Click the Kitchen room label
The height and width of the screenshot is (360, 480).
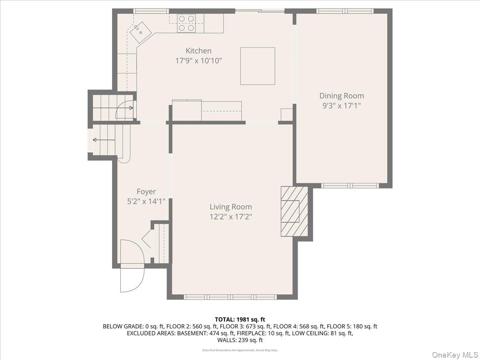[198, 51]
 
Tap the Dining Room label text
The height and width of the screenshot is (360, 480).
[342, 96]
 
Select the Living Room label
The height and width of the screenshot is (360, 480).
[231, 207]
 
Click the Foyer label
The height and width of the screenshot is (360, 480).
[146, 192]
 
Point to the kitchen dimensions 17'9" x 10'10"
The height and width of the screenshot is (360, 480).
[198, 61]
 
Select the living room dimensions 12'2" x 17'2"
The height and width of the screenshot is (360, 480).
[231, 217]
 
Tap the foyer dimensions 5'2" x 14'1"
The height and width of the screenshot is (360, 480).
[146, 202]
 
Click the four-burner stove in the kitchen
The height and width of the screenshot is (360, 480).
[186, 23]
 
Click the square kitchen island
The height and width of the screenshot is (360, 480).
[258, 66]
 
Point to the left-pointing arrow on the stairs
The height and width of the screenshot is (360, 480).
[96, 140]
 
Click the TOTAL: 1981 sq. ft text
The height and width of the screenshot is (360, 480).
[240, 319]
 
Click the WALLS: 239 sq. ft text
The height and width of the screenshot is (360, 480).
[240, 340]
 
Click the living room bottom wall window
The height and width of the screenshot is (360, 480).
[230, 297]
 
